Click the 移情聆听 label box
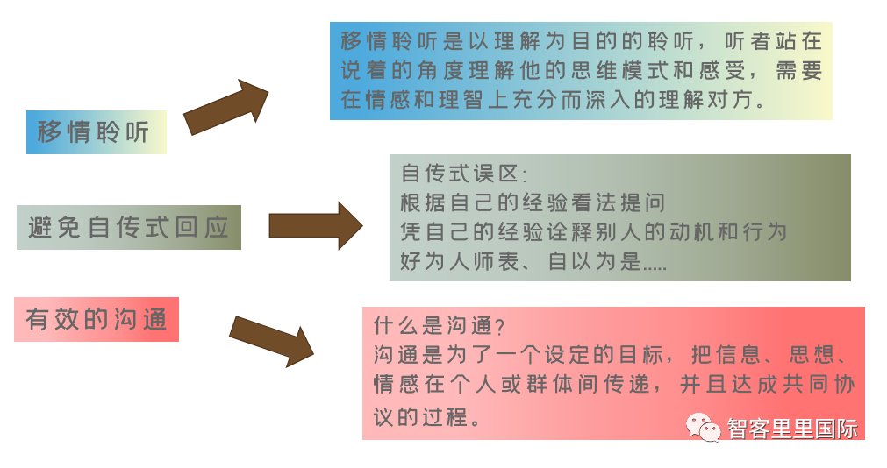(x=96, y=132)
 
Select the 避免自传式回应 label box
(x=128, y=228)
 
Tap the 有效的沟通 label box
(x=97, y=319)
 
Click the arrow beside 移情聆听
(x=226, y=107)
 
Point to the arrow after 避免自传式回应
(x=315, y=226)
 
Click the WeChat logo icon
(x=704, y=427)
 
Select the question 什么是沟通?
(x=440, y=326)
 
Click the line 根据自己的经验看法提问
(x=533, y=202)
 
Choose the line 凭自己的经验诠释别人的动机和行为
(x=593, y=232)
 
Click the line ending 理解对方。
(x=554, y=99)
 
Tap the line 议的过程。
(x=427, y=415)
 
